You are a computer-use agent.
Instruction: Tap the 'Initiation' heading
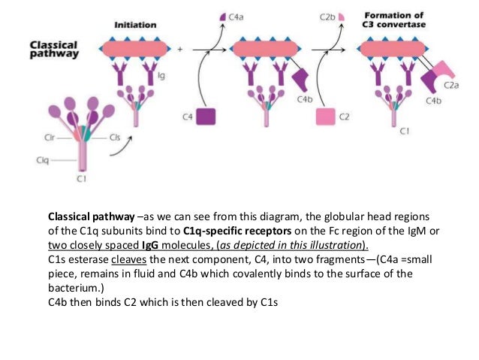pos(135,25)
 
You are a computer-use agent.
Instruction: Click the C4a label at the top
pos(238,15)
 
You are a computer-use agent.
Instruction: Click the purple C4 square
pos(206,117)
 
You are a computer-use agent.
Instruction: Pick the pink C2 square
pos(325,117)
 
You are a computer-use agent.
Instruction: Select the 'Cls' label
pos(115,138)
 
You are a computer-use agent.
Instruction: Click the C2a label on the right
pos(451,86)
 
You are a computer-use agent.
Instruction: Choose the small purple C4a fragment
pos(222,16)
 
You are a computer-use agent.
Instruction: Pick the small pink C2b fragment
pos(342,15)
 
